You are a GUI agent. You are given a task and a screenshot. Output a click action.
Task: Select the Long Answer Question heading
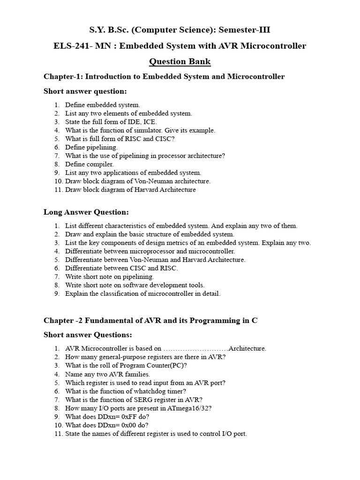click(x=86, y=212)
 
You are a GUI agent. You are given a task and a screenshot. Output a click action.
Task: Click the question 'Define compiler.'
click(x=89, y=165)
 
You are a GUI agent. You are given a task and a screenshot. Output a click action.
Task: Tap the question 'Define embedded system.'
click(x=102, y=105)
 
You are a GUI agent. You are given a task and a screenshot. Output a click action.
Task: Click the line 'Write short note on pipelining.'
click(x=109, y=277)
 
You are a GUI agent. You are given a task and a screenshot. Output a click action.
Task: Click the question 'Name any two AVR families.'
click(x=107, y=374)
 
